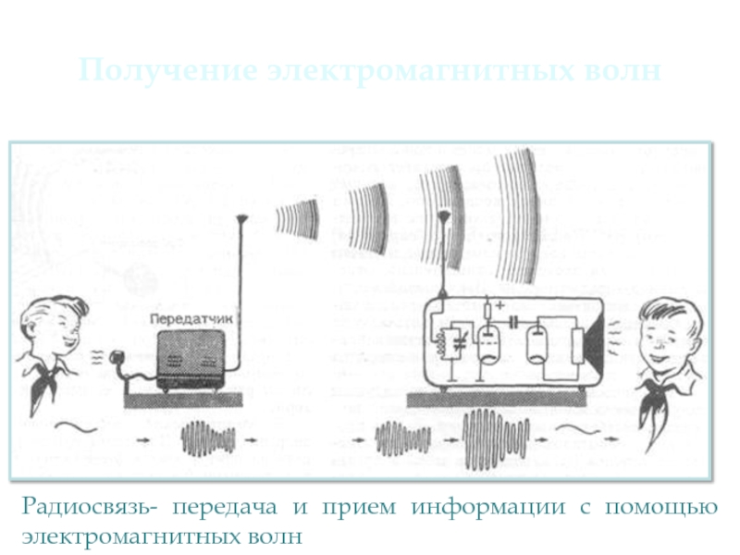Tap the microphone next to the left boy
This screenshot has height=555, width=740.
pos(117,356)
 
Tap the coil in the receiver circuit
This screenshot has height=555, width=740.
pos(442,342)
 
